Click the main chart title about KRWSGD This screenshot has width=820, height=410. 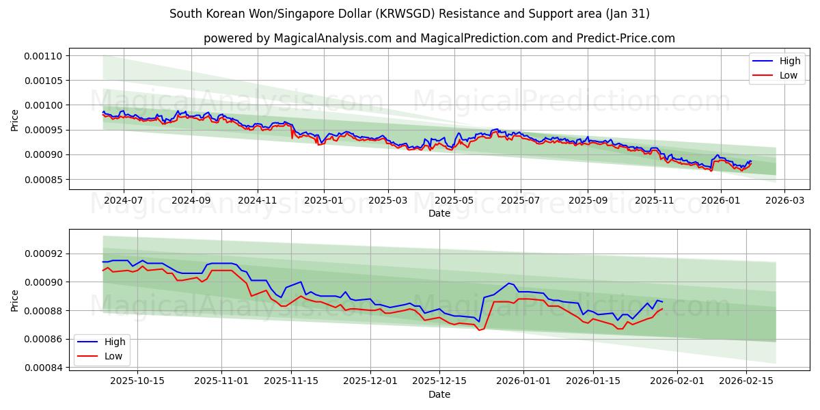click(409, 14)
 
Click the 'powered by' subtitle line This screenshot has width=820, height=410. click(439, 38)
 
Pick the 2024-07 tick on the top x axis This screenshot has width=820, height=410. click(124, 201)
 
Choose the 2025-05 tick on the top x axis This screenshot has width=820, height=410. click(454, 201)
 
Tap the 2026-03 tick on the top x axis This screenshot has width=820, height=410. click(784, 201)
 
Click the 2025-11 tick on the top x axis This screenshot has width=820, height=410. click(655, 201)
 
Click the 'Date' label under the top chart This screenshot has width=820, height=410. click(439, 213)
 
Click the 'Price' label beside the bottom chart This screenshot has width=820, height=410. click(15, 300)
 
